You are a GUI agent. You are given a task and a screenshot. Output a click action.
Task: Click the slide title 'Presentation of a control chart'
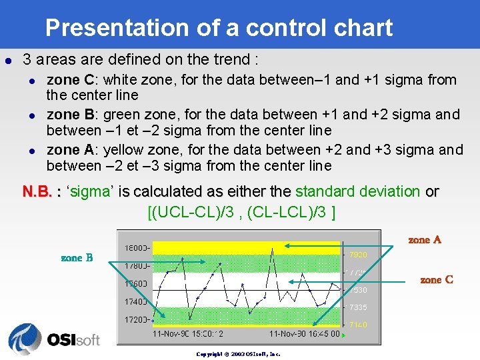tap(219, 28)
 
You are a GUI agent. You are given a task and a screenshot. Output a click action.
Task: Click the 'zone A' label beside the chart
tap(425, 239)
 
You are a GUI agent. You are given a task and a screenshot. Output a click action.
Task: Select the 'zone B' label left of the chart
tap(77, 257)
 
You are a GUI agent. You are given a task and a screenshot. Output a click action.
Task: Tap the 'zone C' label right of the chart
tap(437, 279)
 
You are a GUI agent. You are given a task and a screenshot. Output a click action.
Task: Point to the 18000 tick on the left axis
tap(137, 247)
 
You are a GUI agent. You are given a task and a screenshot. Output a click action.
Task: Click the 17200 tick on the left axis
tap(137, 319)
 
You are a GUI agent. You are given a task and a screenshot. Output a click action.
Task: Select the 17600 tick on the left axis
tap(137, 284)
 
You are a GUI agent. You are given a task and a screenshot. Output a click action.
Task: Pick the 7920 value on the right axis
tap(358, 255)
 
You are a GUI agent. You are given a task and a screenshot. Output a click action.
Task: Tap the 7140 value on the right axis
tap(358, 325)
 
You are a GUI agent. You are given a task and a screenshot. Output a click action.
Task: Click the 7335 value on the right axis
tap(358, 307)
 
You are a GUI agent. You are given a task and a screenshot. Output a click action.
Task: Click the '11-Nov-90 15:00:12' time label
tap(188, 333)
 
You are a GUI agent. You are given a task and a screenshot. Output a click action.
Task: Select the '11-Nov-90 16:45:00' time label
tap(304, 333)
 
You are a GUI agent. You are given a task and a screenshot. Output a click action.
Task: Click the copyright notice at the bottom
tap(238, 354)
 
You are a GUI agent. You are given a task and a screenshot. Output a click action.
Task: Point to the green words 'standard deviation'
tap(357, 192)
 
